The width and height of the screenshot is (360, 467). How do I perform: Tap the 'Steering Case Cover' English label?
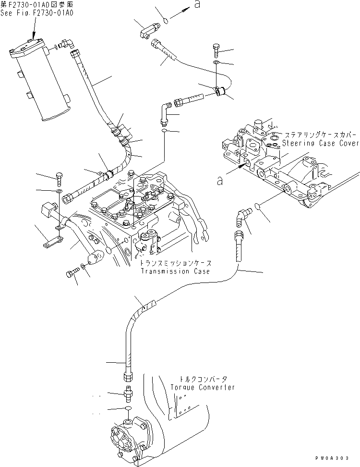click(320, 143)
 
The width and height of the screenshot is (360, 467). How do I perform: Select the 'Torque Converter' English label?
click(203, 387)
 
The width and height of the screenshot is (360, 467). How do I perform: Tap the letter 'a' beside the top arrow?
click(197, 5)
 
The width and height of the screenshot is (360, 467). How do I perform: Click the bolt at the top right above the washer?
click(216, 49)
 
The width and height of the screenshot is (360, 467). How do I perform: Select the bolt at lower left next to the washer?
click(72, 274)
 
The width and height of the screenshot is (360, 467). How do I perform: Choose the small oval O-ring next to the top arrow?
click(165, 21)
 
